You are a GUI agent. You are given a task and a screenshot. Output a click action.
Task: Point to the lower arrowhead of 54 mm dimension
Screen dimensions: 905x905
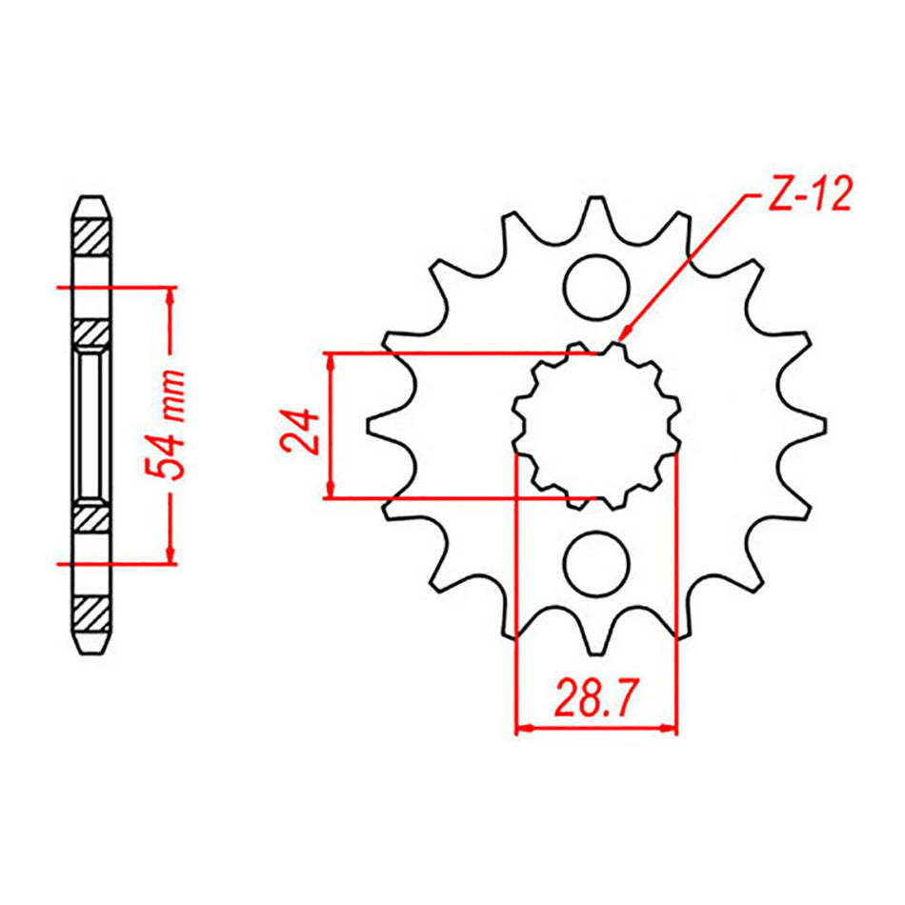click(171, 555)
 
